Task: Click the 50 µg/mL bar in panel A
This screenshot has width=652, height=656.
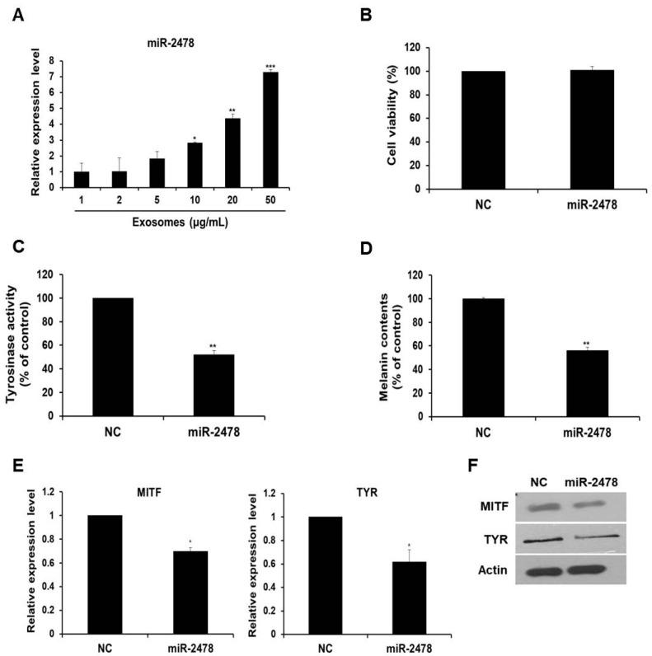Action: (x=270, y=129)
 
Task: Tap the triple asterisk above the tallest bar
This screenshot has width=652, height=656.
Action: (x=270, y=67)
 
